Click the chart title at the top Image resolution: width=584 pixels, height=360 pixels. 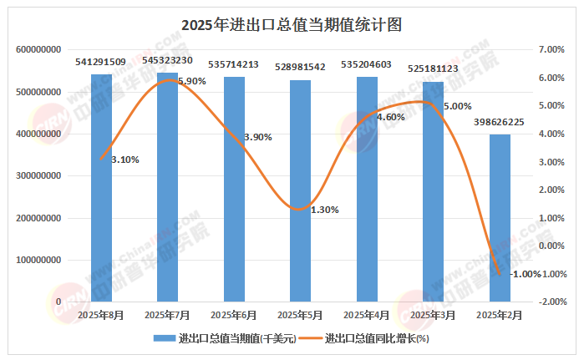pos(292,25)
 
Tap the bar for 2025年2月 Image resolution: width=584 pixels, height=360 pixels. pos(500,217)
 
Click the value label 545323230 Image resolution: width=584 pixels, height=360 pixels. pos(167,60)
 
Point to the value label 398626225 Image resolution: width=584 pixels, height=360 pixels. pos(499,122)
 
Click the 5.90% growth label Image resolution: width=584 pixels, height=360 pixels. pos(191,81)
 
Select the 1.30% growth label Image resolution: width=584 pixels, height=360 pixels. pos(324,210)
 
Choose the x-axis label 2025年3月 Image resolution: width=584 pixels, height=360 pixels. pos(433,315)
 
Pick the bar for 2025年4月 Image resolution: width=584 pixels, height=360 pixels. pos(367,189)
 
